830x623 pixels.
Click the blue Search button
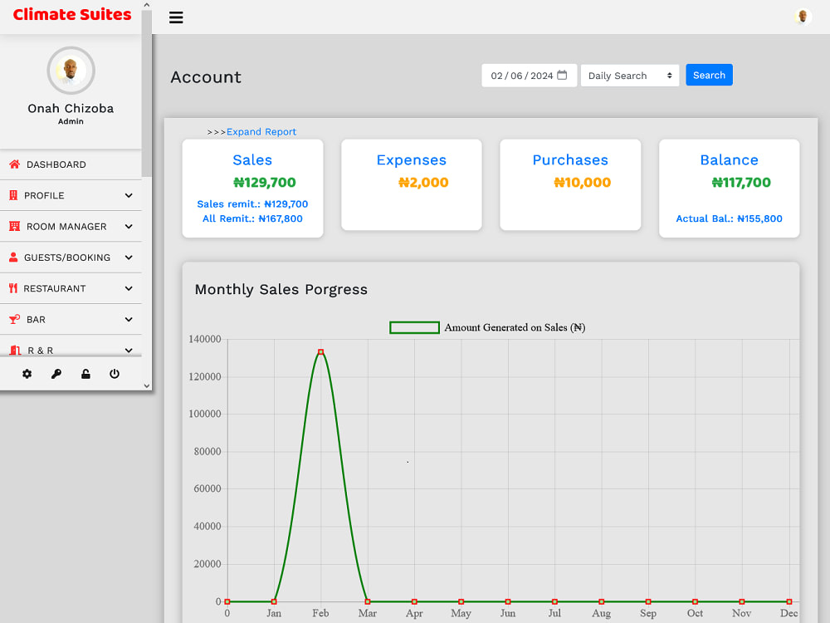[x=709, y=76]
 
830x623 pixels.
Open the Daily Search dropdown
[x=629, y=76]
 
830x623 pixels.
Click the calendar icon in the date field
[x=562, y=76]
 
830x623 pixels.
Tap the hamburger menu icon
[x=176, y=17]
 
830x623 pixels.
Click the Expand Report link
[x=261, y=132]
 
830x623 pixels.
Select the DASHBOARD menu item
[x=56, y=164]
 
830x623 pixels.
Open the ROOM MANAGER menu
[x=66, y=227]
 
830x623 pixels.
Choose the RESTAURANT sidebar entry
[x=55, y=289]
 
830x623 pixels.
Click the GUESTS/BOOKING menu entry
[x=67, y=258]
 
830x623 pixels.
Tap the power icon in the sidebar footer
[x=115, y=374]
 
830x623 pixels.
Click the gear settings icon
[x=27, y=374]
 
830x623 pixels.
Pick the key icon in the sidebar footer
[x=56, y=374]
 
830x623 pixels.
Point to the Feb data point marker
[x=320, y=351]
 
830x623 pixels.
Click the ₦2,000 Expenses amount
[x=423, y=183]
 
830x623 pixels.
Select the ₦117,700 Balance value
[x=741, y=183]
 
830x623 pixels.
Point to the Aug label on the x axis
[x=601, y=614]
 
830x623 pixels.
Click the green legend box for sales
[x=414, y=328]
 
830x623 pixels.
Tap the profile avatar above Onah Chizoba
[x=71, y=71]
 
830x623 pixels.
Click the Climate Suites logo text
[x=72, y=14]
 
